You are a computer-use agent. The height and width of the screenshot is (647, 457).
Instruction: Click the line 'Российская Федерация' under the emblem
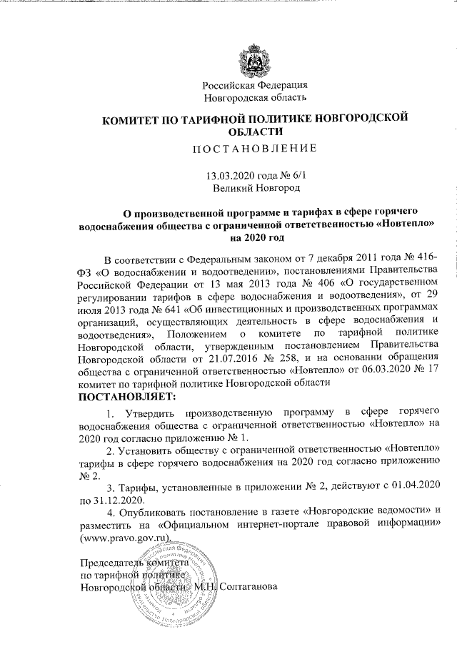[256, 86]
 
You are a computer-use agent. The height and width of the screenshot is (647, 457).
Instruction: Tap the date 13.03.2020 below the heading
[228, 175]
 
